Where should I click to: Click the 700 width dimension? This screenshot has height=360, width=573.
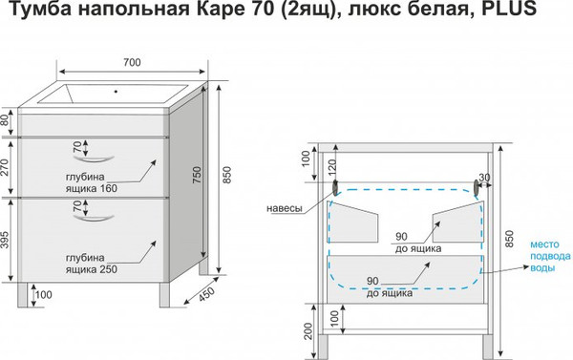(x=132, y=63)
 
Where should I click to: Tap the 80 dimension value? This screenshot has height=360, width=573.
(x=7, y=121)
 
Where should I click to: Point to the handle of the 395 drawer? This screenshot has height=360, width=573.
(x=98, y=222)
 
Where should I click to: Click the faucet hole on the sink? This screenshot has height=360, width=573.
(x=116, y=94)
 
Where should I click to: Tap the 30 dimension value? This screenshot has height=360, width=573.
(x=484, y=178)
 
